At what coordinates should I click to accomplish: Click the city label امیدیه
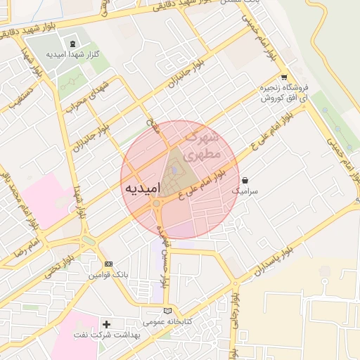[x=143, y=188]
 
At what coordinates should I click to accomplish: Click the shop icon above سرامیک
[x=245, y=180]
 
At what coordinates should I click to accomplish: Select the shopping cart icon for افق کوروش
[x=283, y=78]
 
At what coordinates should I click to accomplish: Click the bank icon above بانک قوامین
[x=108, y=264]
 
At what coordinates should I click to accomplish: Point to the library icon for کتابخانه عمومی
[x=167, y=311]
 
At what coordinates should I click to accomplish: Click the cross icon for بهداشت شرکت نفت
[x=106, y=324]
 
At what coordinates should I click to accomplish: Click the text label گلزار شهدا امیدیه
[x=77, y=54]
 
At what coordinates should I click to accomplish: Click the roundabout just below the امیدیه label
[x=156, y=204]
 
